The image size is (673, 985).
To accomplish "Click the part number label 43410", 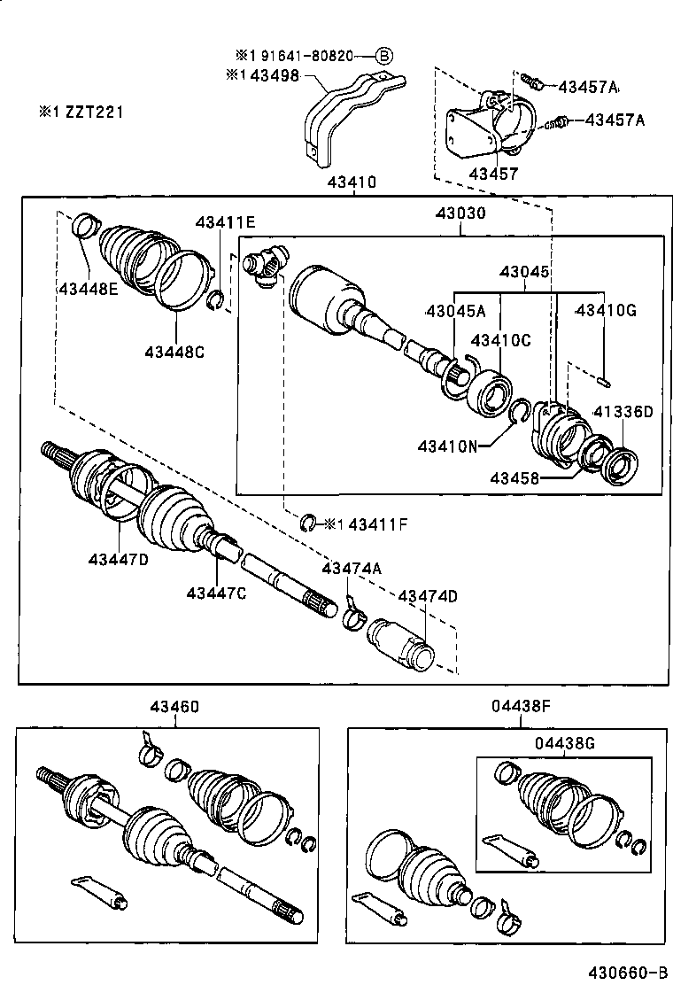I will coord(352,182).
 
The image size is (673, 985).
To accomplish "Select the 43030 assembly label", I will coord(460,213).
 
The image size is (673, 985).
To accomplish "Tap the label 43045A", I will coord(455,310).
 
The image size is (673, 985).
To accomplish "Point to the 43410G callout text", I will coord(606,310).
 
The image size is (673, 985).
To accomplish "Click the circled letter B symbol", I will coord(384,56).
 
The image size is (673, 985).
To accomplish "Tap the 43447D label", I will coord(118,558).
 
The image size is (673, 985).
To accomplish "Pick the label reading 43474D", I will coord(428,596).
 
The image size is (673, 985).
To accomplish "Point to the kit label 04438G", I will coord(565,743).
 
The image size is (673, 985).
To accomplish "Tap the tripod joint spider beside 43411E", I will coord(265,265).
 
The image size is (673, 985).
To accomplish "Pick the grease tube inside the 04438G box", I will coord(508,849).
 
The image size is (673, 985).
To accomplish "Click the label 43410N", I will coord(448,446).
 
